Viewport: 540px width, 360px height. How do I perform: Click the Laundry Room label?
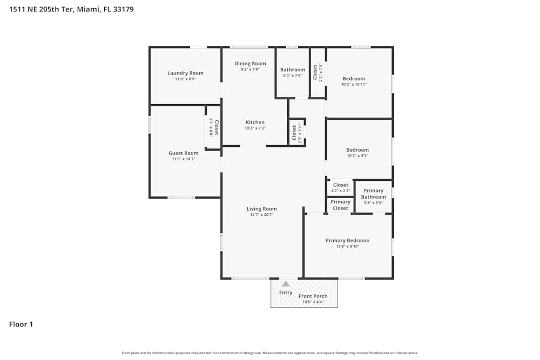(185, 73)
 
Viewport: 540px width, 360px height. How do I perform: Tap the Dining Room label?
(250, 64)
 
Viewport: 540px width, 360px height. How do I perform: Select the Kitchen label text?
(255, 123)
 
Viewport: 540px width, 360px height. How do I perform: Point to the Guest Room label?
(184, 153)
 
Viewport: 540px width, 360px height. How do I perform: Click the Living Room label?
(261, 209)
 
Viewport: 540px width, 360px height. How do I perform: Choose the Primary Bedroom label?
(347, 241)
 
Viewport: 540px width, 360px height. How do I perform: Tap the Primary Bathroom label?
(373, 194)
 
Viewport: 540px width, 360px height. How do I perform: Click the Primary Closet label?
(340, 205)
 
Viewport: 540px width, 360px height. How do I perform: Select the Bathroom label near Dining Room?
(292, 70)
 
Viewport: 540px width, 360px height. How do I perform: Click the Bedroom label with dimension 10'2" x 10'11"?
(354, 79)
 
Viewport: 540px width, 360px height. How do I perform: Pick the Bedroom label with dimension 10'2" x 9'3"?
(357, 150)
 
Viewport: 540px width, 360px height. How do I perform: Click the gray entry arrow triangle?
(286, 284)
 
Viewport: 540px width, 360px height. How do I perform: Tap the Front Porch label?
(313, 296)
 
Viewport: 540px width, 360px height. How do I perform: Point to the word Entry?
(286, 293)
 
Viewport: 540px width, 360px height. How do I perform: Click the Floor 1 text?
(21, 324)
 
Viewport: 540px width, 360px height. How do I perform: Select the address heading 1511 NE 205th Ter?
(71, 9)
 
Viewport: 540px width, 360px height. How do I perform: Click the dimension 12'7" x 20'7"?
(261, 215)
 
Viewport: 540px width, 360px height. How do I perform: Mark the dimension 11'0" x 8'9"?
(185, 79)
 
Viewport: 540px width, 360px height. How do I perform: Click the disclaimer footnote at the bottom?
(270, 353)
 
